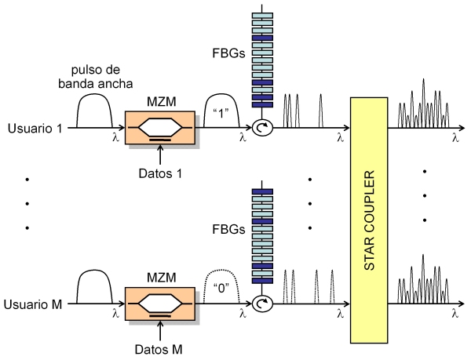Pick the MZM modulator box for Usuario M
159,301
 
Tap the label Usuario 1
35,128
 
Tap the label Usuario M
35,304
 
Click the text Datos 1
160,172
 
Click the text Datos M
160,347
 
